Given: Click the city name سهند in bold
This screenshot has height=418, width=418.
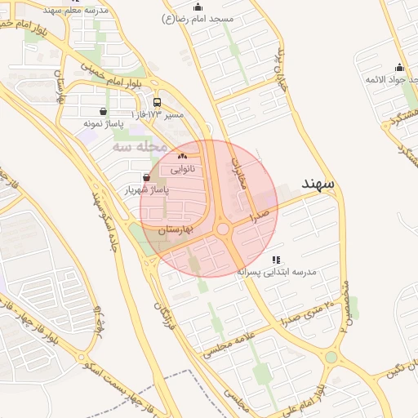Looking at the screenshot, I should click(318, 185).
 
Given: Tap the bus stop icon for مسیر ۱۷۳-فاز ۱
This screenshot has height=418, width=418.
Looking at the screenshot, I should click(157, 102).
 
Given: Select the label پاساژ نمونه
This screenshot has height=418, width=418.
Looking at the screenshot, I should click(103, 124).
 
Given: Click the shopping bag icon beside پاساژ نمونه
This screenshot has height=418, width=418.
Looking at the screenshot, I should click(103, 111).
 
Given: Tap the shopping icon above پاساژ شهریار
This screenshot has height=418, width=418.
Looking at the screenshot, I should click(146, 177).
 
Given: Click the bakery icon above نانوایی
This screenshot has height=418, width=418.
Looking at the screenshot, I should click(182, 157).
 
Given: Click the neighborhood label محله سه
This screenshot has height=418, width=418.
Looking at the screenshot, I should click(140, 147).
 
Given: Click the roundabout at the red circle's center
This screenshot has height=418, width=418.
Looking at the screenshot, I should click(223, 229).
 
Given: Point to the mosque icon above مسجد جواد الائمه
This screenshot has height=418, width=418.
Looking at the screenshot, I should click(399, 67).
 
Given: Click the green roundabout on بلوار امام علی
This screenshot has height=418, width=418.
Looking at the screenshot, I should click(331, 358).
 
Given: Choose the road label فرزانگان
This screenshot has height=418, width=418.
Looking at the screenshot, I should click(162, 313).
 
